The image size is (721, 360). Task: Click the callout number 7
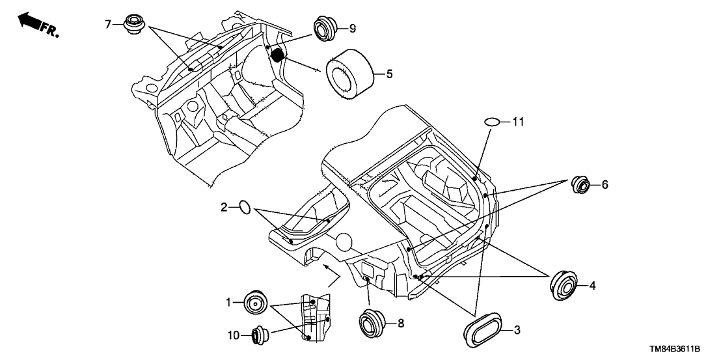(x=109, y=25)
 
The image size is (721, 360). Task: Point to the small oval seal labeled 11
(x=492, y=122)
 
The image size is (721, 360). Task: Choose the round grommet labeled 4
(x=563, y=285)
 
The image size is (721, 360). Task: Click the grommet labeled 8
(x=373, y=324)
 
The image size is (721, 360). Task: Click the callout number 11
(x=517, y=122)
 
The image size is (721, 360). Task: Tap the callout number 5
(x=389, y=74)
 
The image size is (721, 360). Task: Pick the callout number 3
(x=517, y=330)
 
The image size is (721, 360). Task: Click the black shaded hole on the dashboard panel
(x=279, y=55)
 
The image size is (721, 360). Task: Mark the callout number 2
(x=224, y=208)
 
